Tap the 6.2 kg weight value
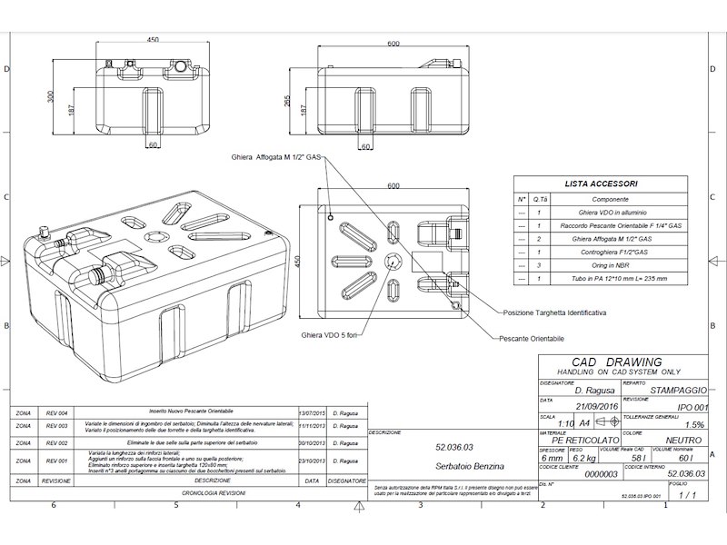(583, 458)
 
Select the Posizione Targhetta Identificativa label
(553, 312)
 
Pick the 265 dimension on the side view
(287, 103)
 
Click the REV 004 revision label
(57, 412)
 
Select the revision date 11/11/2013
(312, 424)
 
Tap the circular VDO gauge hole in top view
(393, 261)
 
